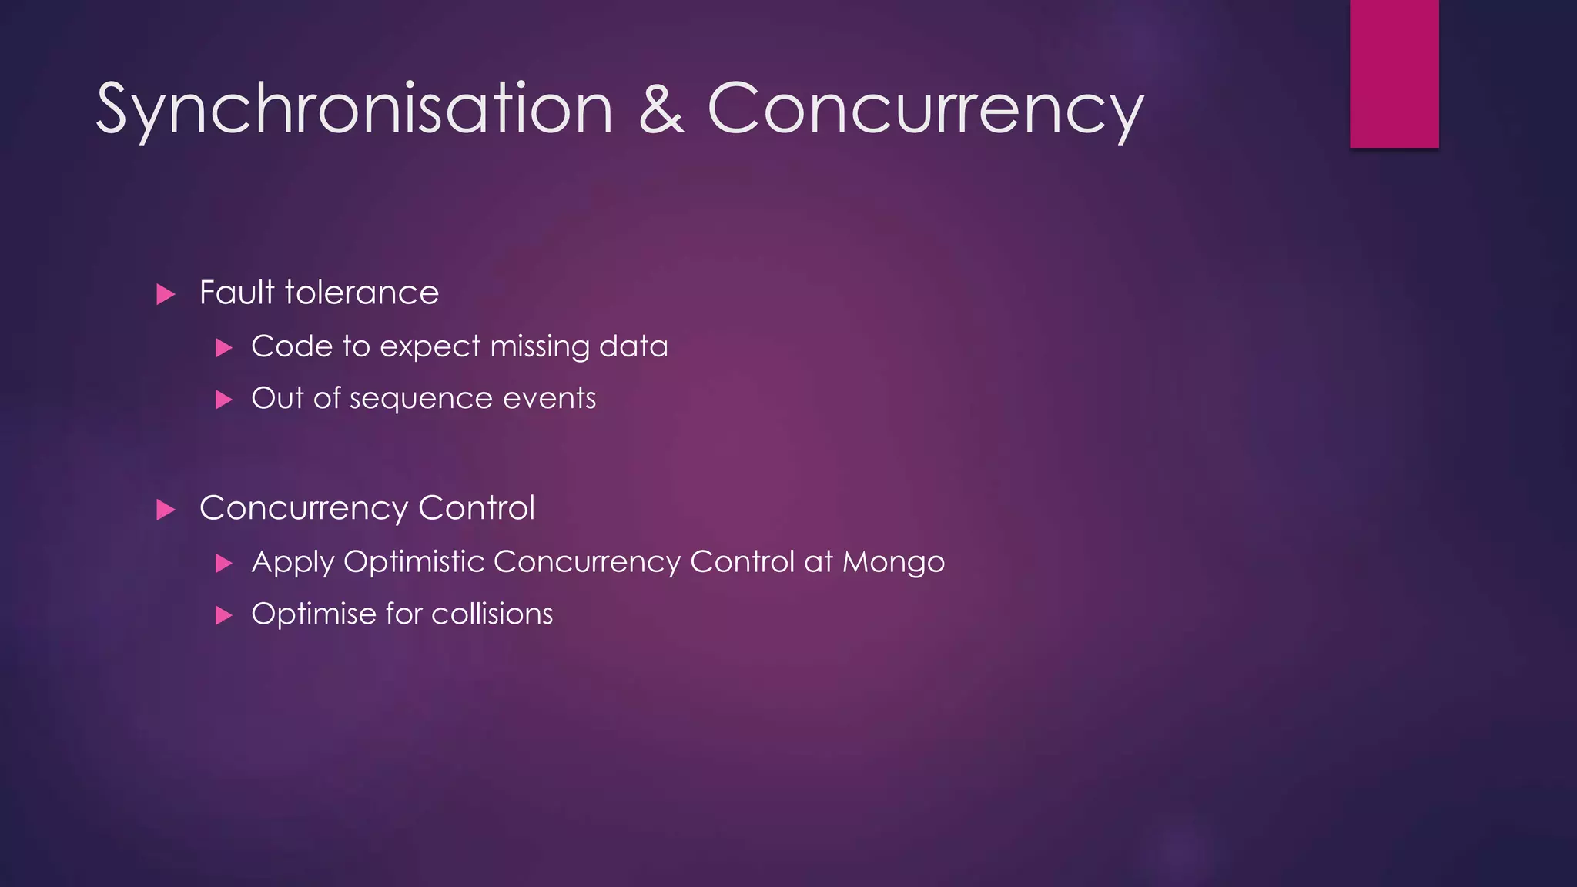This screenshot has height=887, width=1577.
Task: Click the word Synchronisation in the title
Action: coord(354,109)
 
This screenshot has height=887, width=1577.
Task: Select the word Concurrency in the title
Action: coord(925,109)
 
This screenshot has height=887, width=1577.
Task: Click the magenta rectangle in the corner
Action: coord(1394,73)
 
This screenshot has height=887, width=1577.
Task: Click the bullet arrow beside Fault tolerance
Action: coord(166,294)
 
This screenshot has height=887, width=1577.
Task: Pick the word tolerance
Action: coord(361,293)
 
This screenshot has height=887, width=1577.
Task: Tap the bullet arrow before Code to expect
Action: coord(224,348)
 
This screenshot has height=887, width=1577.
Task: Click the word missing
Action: coord(539,346)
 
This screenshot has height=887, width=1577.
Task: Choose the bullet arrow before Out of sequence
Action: coord(224,400)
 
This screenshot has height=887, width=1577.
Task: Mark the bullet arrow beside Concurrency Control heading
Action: coord(166,510)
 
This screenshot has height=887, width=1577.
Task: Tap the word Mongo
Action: coord(893,562)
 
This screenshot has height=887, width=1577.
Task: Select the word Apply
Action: coord(293,562)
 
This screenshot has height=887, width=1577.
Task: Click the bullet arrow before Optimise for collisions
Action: coord(224,615)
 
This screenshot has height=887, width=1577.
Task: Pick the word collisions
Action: coord(492,614)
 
